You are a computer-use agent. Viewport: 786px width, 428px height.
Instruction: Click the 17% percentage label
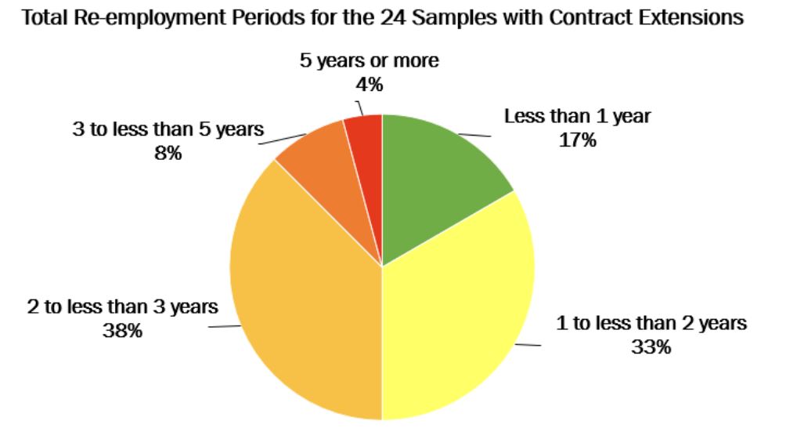[578, 141]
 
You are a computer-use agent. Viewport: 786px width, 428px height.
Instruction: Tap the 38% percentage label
[123, 331]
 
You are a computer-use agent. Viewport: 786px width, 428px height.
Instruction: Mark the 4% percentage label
[369, 85]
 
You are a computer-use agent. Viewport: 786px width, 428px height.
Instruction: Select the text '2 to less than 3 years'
[123, 306]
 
